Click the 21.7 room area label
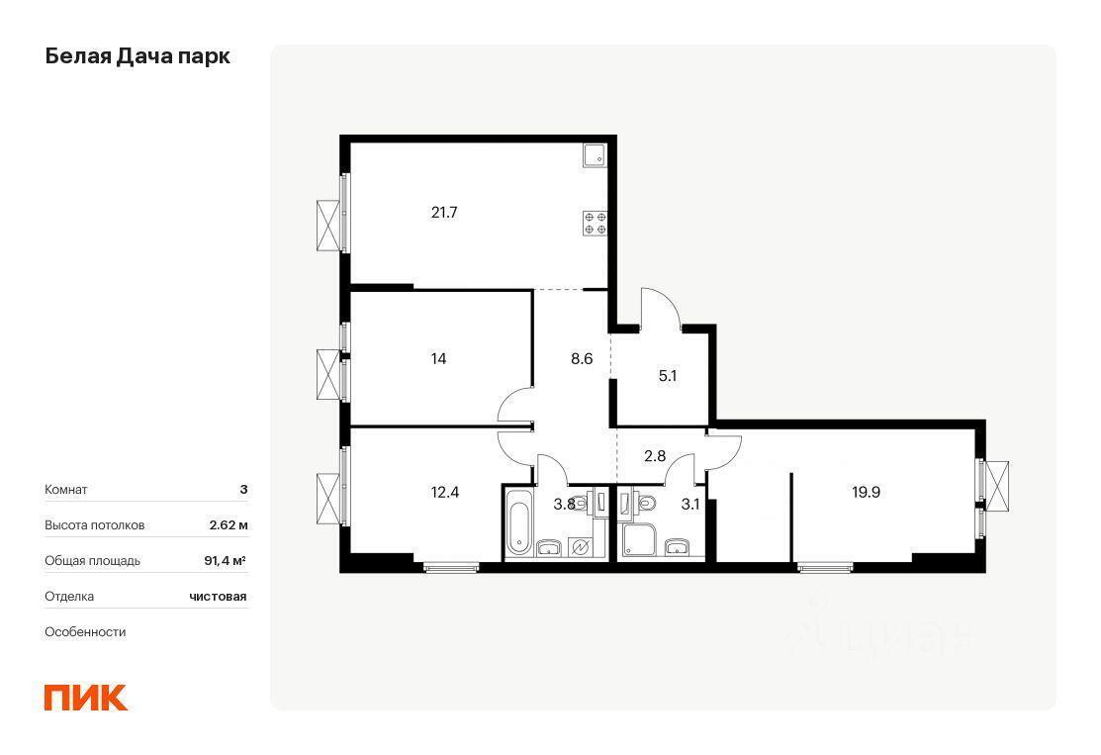(x=444, y=212)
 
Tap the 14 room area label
(x=438, y=359)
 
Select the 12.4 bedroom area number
(x=444, y=493)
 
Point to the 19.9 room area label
(x=866, y=493)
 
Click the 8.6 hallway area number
(x=582, y=359)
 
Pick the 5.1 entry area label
(x=667, y=376)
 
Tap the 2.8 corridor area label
(x=655, y=456)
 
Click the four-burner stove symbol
(x=595, y=223)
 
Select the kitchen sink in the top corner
(x=596, y=153)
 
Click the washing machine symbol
(x=581, y=545)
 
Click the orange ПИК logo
(x=86, y=698)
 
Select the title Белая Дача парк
(x=138, y=56)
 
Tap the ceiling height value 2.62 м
(x=229, y=525)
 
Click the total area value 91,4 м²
(x=225, y=561)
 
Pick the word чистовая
(x=218, y=597)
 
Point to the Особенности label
(x=85, y=632)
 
